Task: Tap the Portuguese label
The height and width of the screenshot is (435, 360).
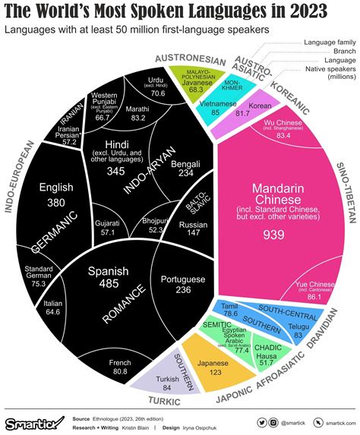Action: (184, 279)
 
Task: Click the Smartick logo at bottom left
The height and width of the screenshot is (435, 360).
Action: (34, 421)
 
